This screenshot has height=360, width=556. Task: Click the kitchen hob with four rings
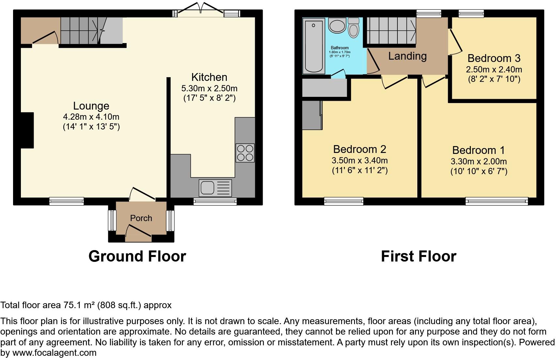tap(245, 153)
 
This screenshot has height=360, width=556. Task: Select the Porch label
tap(141, 218)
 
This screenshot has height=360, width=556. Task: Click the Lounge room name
tap(91, 106)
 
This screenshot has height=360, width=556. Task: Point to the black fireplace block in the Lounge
tap(28, 130)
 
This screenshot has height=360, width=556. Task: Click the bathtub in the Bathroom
tap(314, 46)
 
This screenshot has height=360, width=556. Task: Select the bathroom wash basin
tap(337, 26)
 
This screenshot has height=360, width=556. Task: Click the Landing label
tap(407, 56)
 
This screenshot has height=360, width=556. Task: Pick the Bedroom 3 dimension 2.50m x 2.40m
tap(494, 69)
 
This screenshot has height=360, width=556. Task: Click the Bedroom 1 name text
tap(478, 150)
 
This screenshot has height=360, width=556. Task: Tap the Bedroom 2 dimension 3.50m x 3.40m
tap(360, 160)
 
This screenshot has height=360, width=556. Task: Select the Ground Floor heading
tap(137, 256)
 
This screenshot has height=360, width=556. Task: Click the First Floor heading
tap(418, 256)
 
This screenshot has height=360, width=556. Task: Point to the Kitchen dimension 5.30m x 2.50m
tap(209, 88)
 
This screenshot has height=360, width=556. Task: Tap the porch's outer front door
tap(138, 234)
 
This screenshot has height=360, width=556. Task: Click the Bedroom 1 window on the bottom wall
tap(496, 202)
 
